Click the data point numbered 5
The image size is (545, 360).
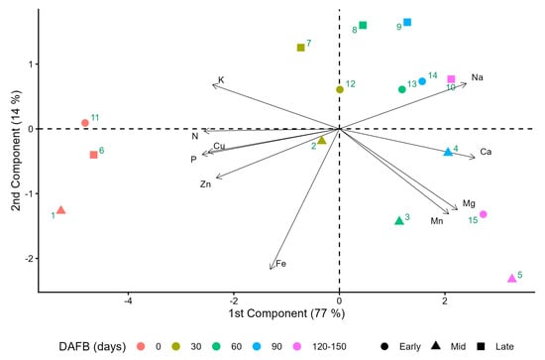[511, 279]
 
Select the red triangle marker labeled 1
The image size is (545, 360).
[61, 210]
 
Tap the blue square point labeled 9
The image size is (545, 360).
[407, 22]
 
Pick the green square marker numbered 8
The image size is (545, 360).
[363, 25]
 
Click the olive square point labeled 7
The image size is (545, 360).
[301, 48]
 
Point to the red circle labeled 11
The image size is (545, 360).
[85, 123]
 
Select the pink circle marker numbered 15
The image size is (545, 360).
[483, 214]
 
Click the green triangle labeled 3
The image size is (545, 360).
[399, 221]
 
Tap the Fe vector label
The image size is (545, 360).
[280, 264]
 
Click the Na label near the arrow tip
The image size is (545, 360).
[478, 77]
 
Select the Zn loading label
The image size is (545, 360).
[205, 184]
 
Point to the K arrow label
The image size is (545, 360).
[221, 80]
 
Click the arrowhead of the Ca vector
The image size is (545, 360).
[474, 158]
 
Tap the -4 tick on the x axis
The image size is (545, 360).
[128, 300]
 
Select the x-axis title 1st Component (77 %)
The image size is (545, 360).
[286, 313]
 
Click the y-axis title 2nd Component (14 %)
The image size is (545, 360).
[16, 151]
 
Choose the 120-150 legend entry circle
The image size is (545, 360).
[297, 346]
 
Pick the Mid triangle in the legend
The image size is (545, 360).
[436, 346]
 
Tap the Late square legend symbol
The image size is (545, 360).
[481, 346]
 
